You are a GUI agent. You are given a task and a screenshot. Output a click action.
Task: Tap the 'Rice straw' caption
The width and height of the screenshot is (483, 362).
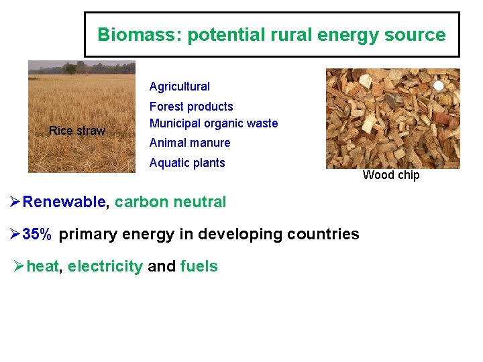click(x=77, y=131)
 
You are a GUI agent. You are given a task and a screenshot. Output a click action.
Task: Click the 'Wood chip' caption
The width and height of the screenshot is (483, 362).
click(x=391, y=175)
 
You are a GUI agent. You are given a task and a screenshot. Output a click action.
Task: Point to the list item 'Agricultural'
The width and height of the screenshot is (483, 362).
click(x=179, y=86)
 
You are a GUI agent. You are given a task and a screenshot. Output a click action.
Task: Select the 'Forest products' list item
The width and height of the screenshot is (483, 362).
click(x=191, y=107)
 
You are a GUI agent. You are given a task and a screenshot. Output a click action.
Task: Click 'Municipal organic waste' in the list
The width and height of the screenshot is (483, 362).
click(x=213, y=123)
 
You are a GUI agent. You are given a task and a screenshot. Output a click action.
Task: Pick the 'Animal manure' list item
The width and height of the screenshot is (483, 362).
click(x=190, y=143)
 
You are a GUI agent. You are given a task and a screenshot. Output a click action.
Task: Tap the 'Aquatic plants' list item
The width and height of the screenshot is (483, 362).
click(x=187, y=163)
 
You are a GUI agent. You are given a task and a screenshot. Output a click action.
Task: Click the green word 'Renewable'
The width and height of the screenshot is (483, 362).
click(x=64, y=202)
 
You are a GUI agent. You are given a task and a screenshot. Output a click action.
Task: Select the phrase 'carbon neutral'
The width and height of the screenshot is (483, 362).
click(x=170, y=202)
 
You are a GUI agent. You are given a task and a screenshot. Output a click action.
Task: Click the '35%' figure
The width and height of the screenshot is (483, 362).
click(x=37, y=234)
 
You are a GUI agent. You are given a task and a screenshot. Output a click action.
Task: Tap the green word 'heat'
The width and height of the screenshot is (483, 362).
click(x=43, y=266)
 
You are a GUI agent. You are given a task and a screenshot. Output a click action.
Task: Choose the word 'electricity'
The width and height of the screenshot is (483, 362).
click(x=105, y=266)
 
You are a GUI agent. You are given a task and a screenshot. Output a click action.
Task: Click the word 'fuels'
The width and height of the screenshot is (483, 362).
click(x=199, y=266)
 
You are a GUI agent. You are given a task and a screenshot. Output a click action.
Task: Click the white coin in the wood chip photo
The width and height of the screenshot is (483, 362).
click(x=439, y=86)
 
